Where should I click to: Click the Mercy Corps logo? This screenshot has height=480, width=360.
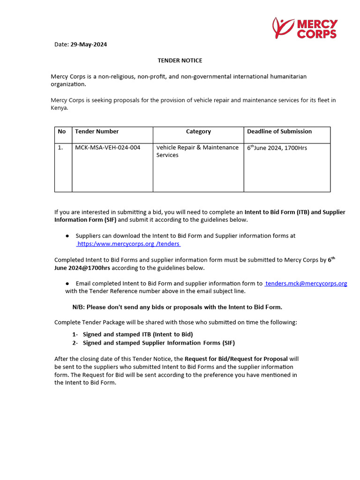pos(305,28)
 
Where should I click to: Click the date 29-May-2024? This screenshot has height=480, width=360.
pos(89,45)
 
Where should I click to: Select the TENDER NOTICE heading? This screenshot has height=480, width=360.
pos(180,60)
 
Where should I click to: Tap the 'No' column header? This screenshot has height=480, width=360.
pos(62,132)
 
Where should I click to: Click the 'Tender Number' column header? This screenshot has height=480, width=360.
pos(97,132)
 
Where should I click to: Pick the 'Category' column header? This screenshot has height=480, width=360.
pos(198,132)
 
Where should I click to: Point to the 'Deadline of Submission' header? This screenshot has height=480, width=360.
pos(279,132)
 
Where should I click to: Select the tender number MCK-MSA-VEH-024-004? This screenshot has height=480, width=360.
pos(107,148)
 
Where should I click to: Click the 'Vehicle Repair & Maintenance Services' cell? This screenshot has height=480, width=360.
pos(197,151)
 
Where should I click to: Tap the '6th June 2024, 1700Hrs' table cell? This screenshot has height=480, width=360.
pos(277,148)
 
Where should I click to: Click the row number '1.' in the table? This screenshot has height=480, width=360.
pos(60,148)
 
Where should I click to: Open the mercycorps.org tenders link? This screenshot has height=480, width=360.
pos(128,244)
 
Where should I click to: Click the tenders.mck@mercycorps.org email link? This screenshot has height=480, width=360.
pos(306,284)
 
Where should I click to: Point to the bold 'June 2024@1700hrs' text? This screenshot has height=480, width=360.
pos(82,268)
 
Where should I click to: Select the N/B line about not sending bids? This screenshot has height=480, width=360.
pos(177,307)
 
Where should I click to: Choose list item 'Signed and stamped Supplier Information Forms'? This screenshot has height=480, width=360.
pos(159,343)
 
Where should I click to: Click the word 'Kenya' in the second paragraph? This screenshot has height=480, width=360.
pos(59,108)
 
